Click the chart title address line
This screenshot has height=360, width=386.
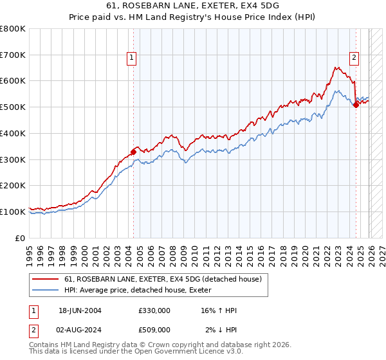click(x=193, y=6)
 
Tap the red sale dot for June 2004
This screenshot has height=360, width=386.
click(x=134, y=152)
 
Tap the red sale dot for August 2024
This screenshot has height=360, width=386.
click(x=356, y=105)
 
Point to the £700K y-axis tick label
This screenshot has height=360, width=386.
click(x=13, y=55)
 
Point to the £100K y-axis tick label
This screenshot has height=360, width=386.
click(x=13, y=212)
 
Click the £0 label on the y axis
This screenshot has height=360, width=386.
click(x=20, y=238)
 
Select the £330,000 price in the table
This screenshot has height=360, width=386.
click(x=154, y=310)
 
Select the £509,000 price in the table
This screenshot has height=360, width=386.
click(x=154, y=329)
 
